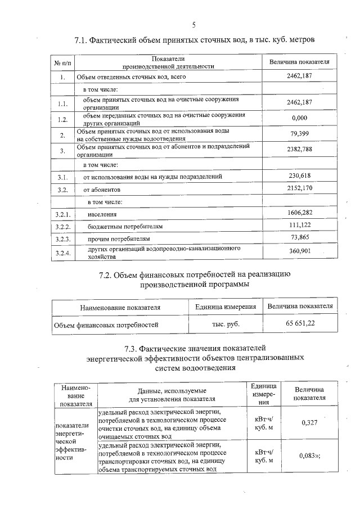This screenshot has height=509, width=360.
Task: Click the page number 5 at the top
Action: pyautogui.click(x=195, y=25)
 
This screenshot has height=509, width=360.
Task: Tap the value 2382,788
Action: pyautogui.click(x=299, y=150)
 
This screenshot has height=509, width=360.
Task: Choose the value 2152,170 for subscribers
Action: pyautogui.click(x=299, y=189)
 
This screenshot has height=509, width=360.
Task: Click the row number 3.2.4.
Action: pyautogui.click(x=62, y=252)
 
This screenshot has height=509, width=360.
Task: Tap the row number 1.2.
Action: pyautogui.click(x=62, y=119)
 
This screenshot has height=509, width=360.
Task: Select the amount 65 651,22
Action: pyautogui.click(x=300, y=324)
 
